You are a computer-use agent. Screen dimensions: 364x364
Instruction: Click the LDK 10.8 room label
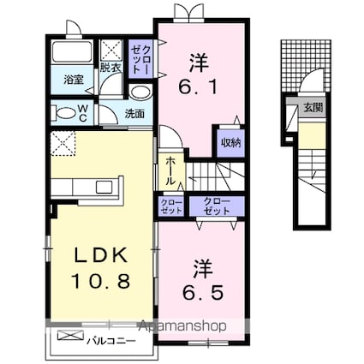102,267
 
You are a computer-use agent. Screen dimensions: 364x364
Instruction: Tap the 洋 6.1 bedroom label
199,75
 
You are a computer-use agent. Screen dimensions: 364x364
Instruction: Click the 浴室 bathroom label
74,80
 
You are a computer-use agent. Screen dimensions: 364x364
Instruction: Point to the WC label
82,113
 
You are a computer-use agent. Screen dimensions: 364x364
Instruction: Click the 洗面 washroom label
134,114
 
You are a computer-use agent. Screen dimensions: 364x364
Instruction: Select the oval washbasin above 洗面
140,92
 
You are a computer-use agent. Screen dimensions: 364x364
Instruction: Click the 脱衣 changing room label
110,68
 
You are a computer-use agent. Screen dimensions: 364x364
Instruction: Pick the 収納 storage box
230,143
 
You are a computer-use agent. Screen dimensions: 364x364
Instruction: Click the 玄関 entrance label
313,108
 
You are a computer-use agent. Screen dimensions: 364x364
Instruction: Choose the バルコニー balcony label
111,341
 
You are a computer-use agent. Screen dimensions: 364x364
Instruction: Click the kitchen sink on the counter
104,188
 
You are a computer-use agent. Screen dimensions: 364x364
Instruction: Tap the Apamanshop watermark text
182,326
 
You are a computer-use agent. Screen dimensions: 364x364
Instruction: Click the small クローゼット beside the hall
171,206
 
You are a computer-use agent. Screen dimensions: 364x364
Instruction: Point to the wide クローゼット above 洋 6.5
217,206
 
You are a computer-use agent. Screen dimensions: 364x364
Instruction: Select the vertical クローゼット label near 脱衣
140,59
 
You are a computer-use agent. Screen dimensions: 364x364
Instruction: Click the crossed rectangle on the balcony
70,335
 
